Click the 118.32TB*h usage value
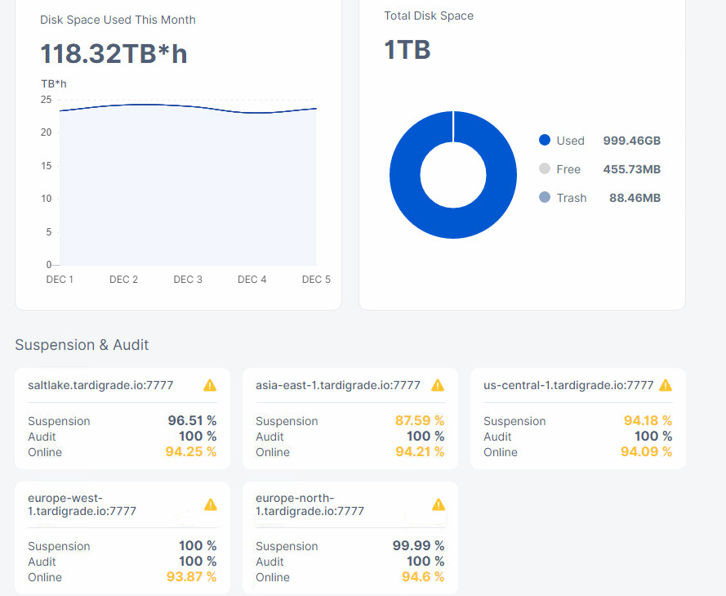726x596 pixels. [x=114, y=53]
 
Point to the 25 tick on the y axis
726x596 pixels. [x=46, y=100]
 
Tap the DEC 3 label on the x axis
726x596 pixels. [x=188, y=280]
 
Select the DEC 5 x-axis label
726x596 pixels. [x=316, y=280]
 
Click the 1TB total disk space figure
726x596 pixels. [x=408, y=50]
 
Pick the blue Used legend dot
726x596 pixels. [x=545, y=140]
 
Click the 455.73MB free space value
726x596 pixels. [x=631, y=169]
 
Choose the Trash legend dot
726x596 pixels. [x=545, y=197]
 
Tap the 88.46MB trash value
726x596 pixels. [x=635, y=198]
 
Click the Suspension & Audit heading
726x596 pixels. [x=82, y=345]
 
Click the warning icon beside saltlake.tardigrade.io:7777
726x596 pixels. [x=210, y=385]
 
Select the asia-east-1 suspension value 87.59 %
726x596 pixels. [x=420, y=420]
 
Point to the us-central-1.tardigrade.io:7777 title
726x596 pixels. [x=568, y=385]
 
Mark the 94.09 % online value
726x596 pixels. [x=646, y=451]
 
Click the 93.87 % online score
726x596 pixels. [x=191, y=576]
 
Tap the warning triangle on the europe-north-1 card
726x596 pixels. [x=439, y=504]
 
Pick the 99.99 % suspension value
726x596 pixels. [x=419, y=545]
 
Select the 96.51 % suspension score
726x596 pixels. [x=192, y=420]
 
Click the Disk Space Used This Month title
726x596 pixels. [x=118, y=20]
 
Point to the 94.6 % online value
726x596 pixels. [x=423, y=576]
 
